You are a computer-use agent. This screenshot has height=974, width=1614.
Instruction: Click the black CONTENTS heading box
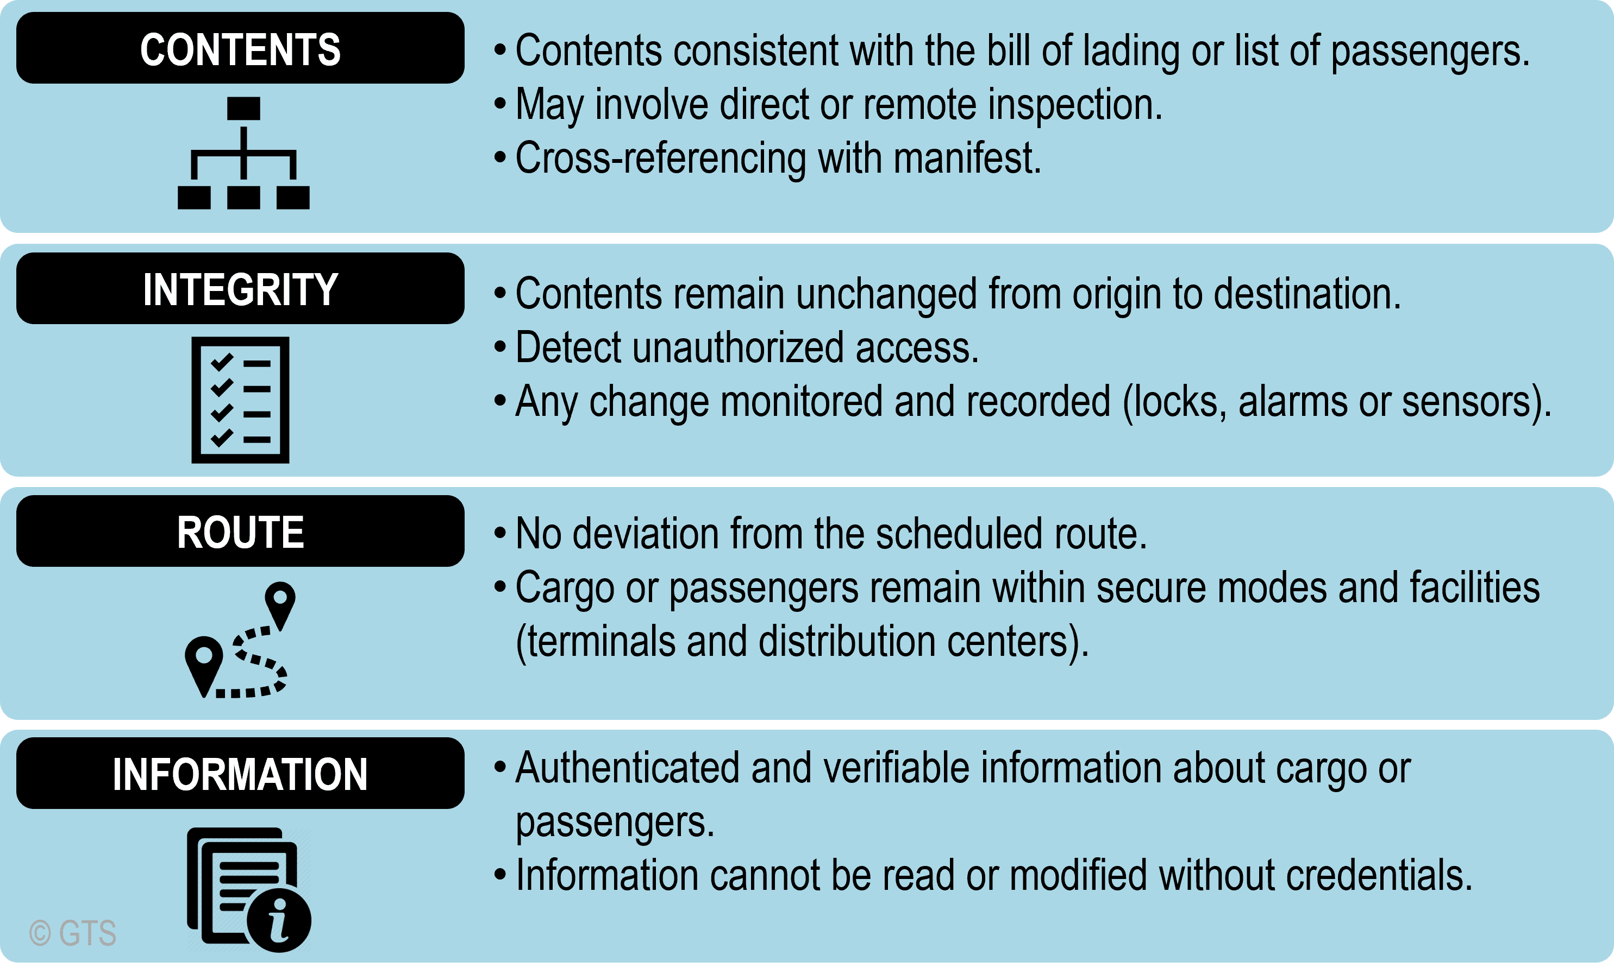[x=240, y=48]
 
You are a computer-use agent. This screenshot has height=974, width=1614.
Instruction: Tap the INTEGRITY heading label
[x=240, y=289]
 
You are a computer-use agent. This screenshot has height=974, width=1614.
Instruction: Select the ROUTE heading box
[x=240, y=531]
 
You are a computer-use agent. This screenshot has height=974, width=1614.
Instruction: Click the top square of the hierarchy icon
[x=243, y=109]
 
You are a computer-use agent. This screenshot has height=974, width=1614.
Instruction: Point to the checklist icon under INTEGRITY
[x=240, y=400]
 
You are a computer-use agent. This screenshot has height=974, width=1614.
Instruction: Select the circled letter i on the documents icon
[x=279, y=920]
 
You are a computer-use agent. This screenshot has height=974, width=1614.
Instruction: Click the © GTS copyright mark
[x=73, y=933]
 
